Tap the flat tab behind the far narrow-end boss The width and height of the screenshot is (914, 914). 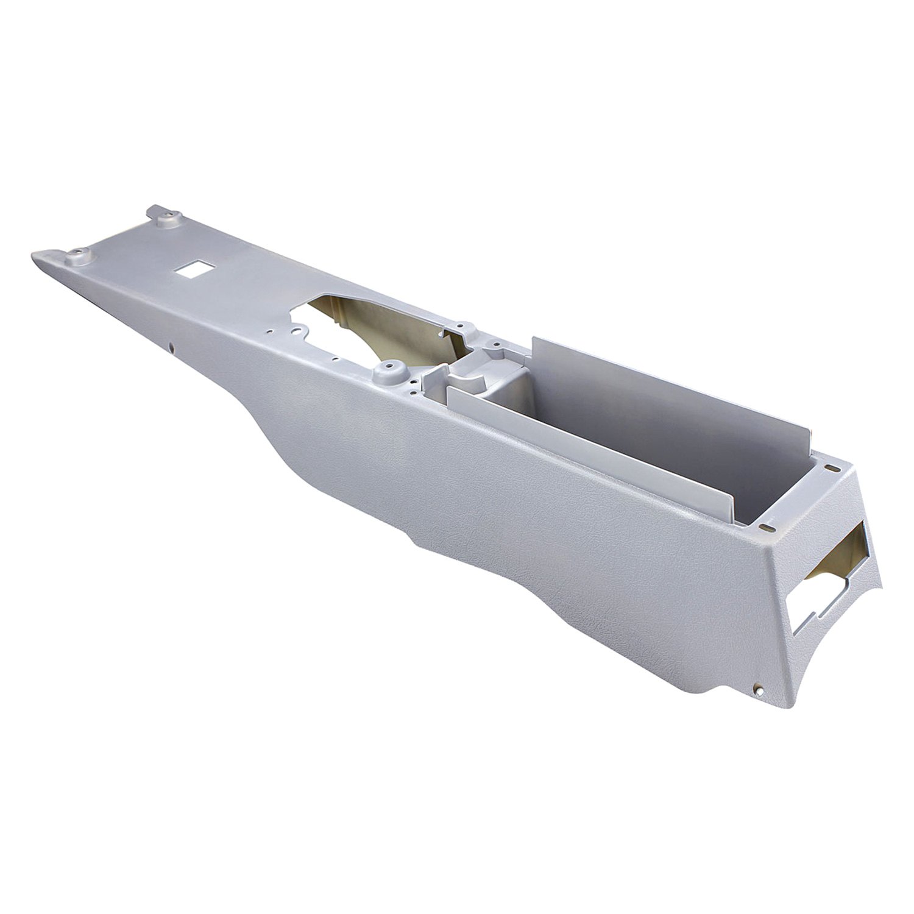coord(152,213)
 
